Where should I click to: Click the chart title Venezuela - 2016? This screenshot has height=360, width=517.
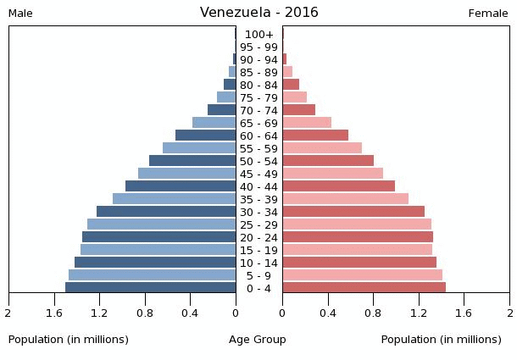(x=258, y=13)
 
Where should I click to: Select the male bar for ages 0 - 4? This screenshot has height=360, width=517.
(x=151, y=288)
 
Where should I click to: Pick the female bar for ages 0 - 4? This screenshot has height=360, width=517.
(x=364, y=288)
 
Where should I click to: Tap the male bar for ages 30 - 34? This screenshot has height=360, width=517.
(x=166, y=212)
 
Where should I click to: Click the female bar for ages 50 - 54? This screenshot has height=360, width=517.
(x=328, y=161)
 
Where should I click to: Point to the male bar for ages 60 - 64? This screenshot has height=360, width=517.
(x=206, y=136)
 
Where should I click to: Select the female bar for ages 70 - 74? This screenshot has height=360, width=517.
(x=298, y=110)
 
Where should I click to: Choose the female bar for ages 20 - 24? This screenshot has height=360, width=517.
(x=358, y=237)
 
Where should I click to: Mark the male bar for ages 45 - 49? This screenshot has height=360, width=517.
(x=187, y=174)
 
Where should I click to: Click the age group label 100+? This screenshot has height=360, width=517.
(x=258, y=35)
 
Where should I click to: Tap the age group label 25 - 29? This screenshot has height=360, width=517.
(x=258, y=225)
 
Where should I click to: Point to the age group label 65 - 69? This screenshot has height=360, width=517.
(x=258, y=124)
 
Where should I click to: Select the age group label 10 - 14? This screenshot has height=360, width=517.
(x=258, y=263)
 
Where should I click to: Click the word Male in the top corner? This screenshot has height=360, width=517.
(x=20, y=14)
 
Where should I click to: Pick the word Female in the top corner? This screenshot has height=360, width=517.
(x=488, y=14)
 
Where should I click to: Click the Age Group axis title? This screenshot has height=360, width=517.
(x=258, y=340)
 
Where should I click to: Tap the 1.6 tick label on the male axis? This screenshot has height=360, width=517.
(x=54, y=313)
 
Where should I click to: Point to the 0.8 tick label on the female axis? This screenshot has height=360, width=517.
(x=373, y=313)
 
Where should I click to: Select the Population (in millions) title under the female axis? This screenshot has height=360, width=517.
(x=441, y=340)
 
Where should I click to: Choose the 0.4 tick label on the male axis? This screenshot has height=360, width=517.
(x=190, y=313)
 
